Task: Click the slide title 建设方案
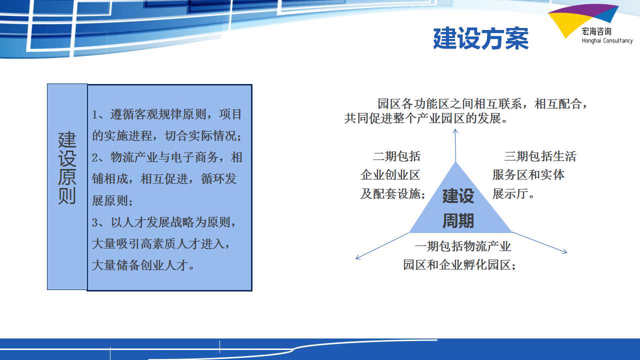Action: [x=480, y=38]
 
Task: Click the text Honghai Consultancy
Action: [x=607, y=41]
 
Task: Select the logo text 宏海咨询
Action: [x=596, y=31]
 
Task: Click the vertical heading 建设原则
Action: [x=67, y=167]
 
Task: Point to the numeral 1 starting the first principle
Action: [x=94, y=115]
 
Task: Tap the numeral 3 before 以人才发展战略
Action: [x=95, y=223]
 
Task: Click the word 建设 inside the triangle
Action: [x=458, y=196]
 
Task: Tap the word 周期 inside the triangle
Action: [x=458, y=221]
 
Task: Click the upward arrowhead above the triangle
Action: [x=455, y=131]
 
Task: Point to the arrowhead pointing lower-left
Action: [x=358, y=257]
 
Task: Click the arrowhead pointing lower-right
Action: [x=564, y=251]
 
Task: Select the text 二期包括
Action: [x=396, y=156]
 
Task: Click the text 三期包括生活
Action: [x=540, y=156]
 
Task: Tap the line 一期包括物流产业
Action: [x=462, y=246]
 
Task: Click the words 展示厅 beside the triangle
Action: [x=510, y=194]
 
